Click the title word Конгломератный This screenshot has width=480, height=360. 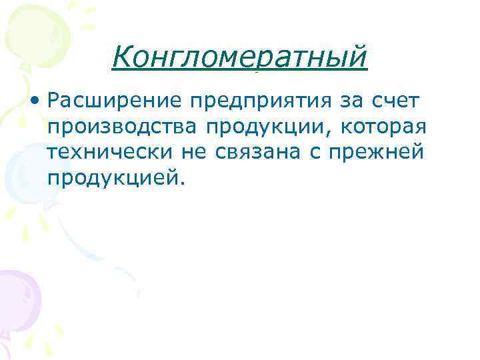click(239, 58)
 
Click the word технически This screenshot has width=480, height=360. click(109, 152)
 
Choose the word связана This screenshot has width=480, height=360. click(261, 153)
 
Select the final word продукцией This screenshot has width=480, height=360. click(111, 179)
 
